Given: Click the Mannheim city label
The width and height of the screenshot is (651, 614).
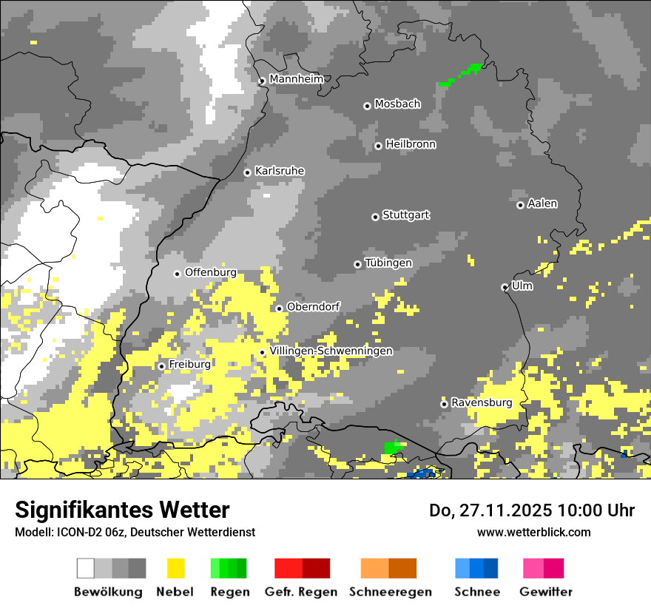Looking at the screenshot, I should click(296, 79).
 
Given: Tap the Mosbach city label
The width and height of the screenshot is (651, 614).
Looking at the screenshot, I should click(397, 104).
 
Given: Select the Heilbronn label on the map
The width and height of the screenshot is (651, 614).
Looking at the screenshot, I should click(411, 144).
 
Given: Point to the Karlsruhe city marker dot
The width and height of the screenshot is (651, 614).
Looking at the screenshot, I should click(247, 172).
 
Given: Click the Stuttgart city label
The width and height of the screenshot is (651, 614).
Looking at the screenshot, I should click(406, 215).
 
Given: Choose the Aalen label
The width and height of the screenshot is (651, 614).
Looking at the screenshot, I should click(542, 203).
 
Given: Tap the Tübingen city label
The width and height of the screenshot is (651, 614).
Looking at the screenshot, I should click(388, 263).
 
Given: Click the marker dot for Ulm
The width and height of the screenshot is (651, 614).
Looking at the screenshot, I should click(505, 287).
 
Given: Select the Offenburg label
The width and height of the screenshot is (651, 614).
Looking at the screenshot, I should click(211, 272).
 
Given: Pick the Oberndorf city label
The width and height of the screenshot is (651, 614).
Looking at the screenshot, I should click(313, 306).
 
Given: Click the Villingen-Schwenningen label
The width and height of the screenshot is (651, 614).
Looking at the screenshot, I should click(331, 351).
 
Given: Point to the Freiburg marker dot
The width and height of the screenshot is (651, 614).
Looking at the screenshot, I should click(161, 366).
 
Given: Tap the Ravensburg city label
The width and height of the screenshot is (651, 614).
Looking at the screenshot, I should click(482, 403).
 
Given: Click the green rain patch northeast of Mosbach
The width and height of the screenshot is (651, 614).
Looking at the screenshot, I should click(460, 75).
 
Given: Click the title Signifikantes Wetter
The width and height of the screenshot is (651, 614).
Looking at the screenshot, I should click(122, 510).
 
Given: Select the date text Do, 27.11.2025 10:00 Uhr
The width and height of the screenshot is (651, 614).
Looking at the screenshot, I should click(532, 510).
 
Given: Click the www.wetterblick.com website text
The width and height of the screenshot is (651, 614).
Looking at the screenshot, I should click(533, 532).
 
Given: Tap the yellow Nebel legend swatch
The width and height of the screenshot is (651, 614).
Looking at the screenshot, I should click(175, 568).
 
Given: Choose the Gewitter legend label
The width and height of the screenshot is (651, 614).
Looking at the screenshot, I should click(545, 592).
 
